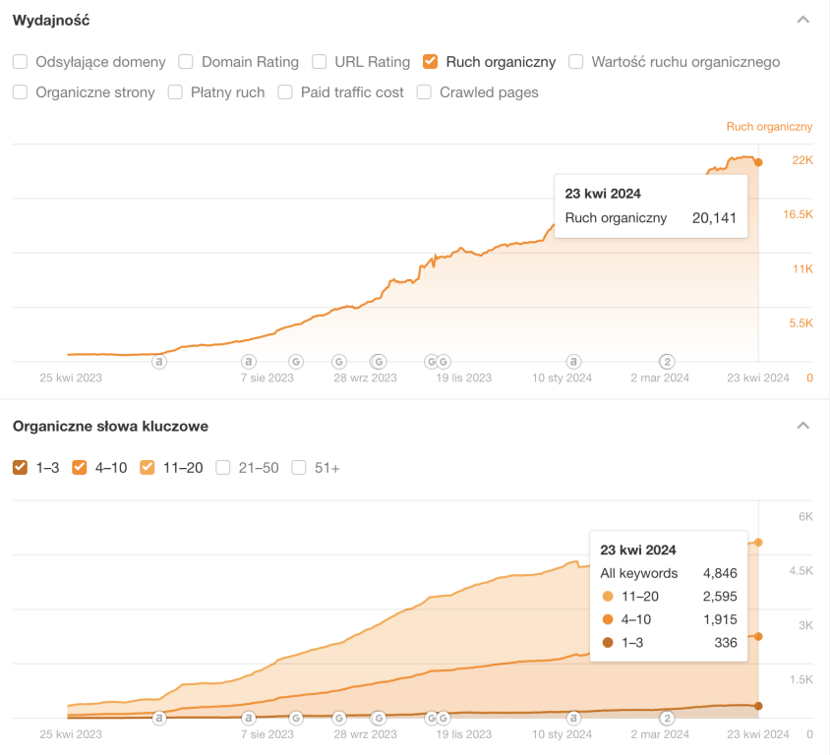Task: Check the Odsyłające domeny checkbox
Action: [20, 62]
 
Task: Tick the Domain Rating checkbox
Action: [186, 62]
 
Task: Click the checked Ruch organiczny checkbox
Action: [430, 62]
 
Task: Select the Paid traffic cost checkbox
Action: [285, 92]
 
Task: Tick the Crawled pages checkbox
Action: [424, 92]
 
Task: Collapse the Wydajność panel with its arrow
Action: [803, 20]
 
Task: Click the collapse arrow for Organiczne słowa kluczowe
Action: [803, 426]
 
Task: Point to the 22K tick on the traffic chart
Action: [802, 160]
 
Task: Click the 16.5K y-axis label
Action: [798, 214]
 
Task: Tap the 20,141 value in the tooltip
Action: [714, 218]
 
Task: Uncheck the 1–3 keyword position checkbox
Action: [20, 468]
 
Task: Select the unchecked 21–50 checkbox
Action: [223, 468]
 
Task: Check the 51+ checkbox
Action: [299, 468]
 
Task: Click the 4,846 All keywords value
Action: [720, 573]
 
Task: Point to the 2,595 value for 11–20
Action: [720, 596]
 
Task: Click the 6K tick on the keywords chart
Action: [804, 517]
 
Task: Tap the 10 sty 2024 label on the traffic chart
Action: [562, 377]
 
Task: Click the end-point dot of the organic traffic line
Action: [758, 162]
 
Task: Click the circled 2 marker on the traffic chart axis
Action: [667, 361]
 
